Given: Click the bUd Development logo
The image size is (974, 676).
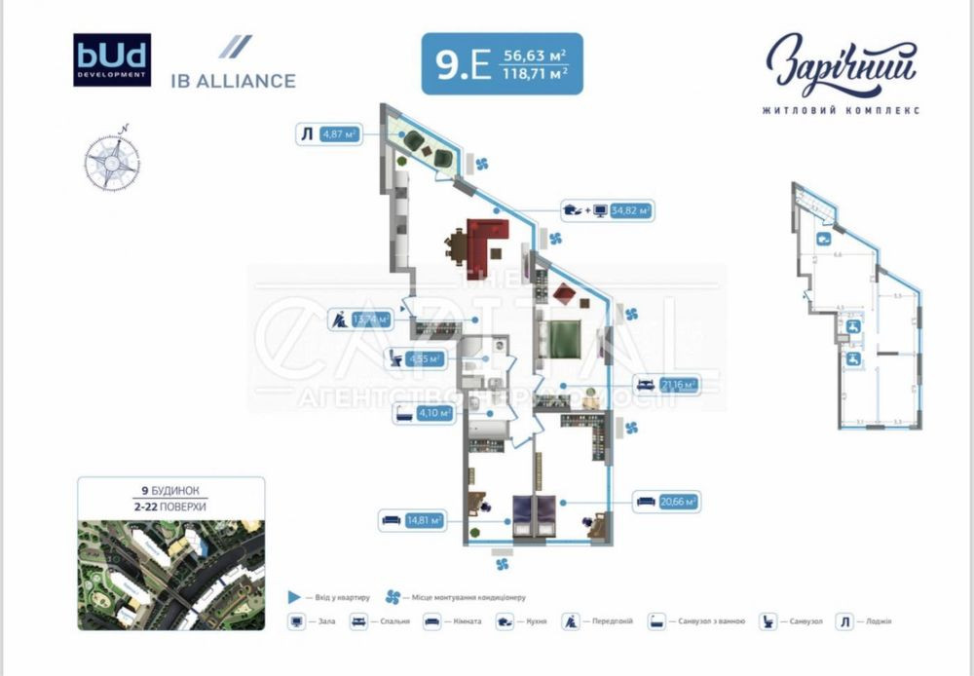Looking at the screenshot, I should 112,60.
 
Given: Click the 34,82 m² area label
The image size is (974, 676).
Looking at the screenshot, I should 630,209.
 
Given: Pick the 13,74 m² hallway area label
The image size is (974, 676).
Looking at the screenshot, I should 372,319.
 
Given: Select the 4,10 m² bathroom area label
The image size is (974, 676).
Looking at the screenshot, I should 433,413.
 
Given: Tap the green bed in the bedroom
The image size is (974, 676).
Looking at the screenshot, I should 565,339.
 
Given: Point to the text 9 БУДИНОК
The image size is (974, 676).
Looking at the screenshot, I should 169,492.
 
